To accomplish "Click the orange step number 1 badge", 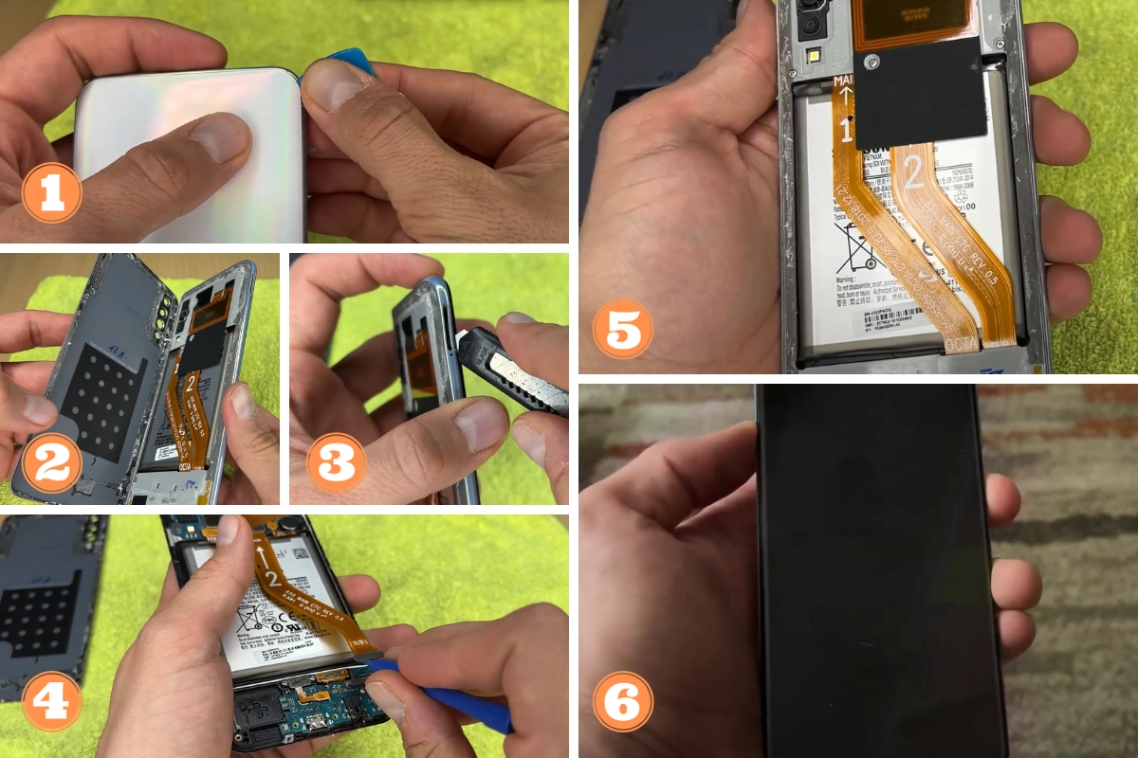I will click(x=51, y=192).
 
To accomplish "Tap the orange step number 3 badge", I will click(x=337, y=464).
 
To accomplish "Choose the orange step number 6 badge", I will click(x=623, y=701).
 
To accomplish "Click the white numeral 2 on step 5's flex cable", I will click(x=913, y=173).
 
